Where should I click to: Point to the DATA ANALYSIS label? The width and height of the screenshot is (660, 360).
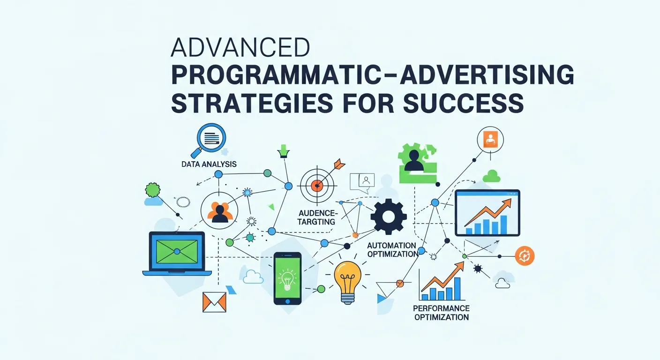click(x=209, y=165)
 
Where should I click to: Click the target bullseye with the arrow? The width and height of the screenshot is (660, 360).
click(x=318, y=182)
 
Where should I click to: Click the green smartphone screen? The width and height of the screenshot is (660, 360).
click(x=287, y=278)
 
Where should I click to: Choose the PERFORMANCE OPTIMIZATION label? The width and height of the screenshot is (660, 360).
click(x=441, y=313)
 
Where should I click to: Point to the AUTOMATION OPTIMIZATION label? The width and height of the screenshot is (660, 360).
click(x=392, y=250)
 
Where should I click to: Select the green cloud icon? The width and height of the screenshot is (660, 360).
click(x=491, y=176)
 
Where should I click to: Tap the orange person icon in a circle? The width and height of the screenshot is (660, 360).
click(x=490, y=139)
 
